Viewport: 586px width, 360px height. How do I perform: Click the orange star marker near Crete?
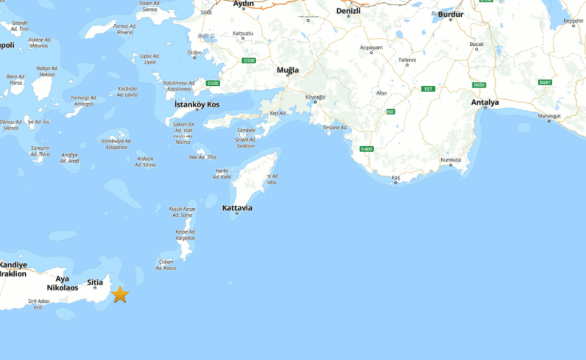(x=120, y=295)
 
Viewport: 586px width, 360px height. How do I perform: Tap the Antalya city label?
(x=484, y=102)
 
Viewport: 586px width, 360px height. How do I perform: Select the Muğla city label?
(x=288, y=70)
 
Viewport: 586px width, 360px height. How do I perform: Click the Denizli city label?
(x=349, y=11)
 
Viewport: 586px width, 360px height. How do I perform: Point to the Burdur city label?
(x=450, y=14)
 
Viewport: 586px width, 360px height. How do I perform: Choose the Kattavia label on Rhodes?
(x=237, y=208)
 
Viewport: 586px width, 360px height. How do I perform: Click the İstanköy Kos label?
(x=196, y=105)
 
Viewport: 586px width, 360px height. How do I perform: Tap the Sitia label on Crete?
(x=95, y=282)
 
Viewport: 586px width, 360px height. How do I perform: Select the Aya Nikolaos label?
(x=62, y=283)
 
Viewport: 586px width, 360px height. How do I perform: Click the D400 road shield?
(x=366, y=149)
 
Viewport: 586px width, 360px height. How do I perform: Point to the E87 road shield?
(x=427, y=89)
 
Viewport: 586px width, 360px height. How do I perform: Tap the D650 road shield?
(x=479, y=85)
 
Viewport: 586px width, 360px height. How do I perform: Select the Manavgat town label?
(x=549, y=116)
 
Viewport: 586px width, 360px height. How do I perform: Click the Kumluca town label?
(x=450, y=160)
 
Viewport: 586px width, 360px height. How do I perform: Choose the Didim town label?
(x=195, y=52)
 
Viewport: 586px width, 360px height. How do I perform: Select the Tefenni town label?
(x=407, y=60)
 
